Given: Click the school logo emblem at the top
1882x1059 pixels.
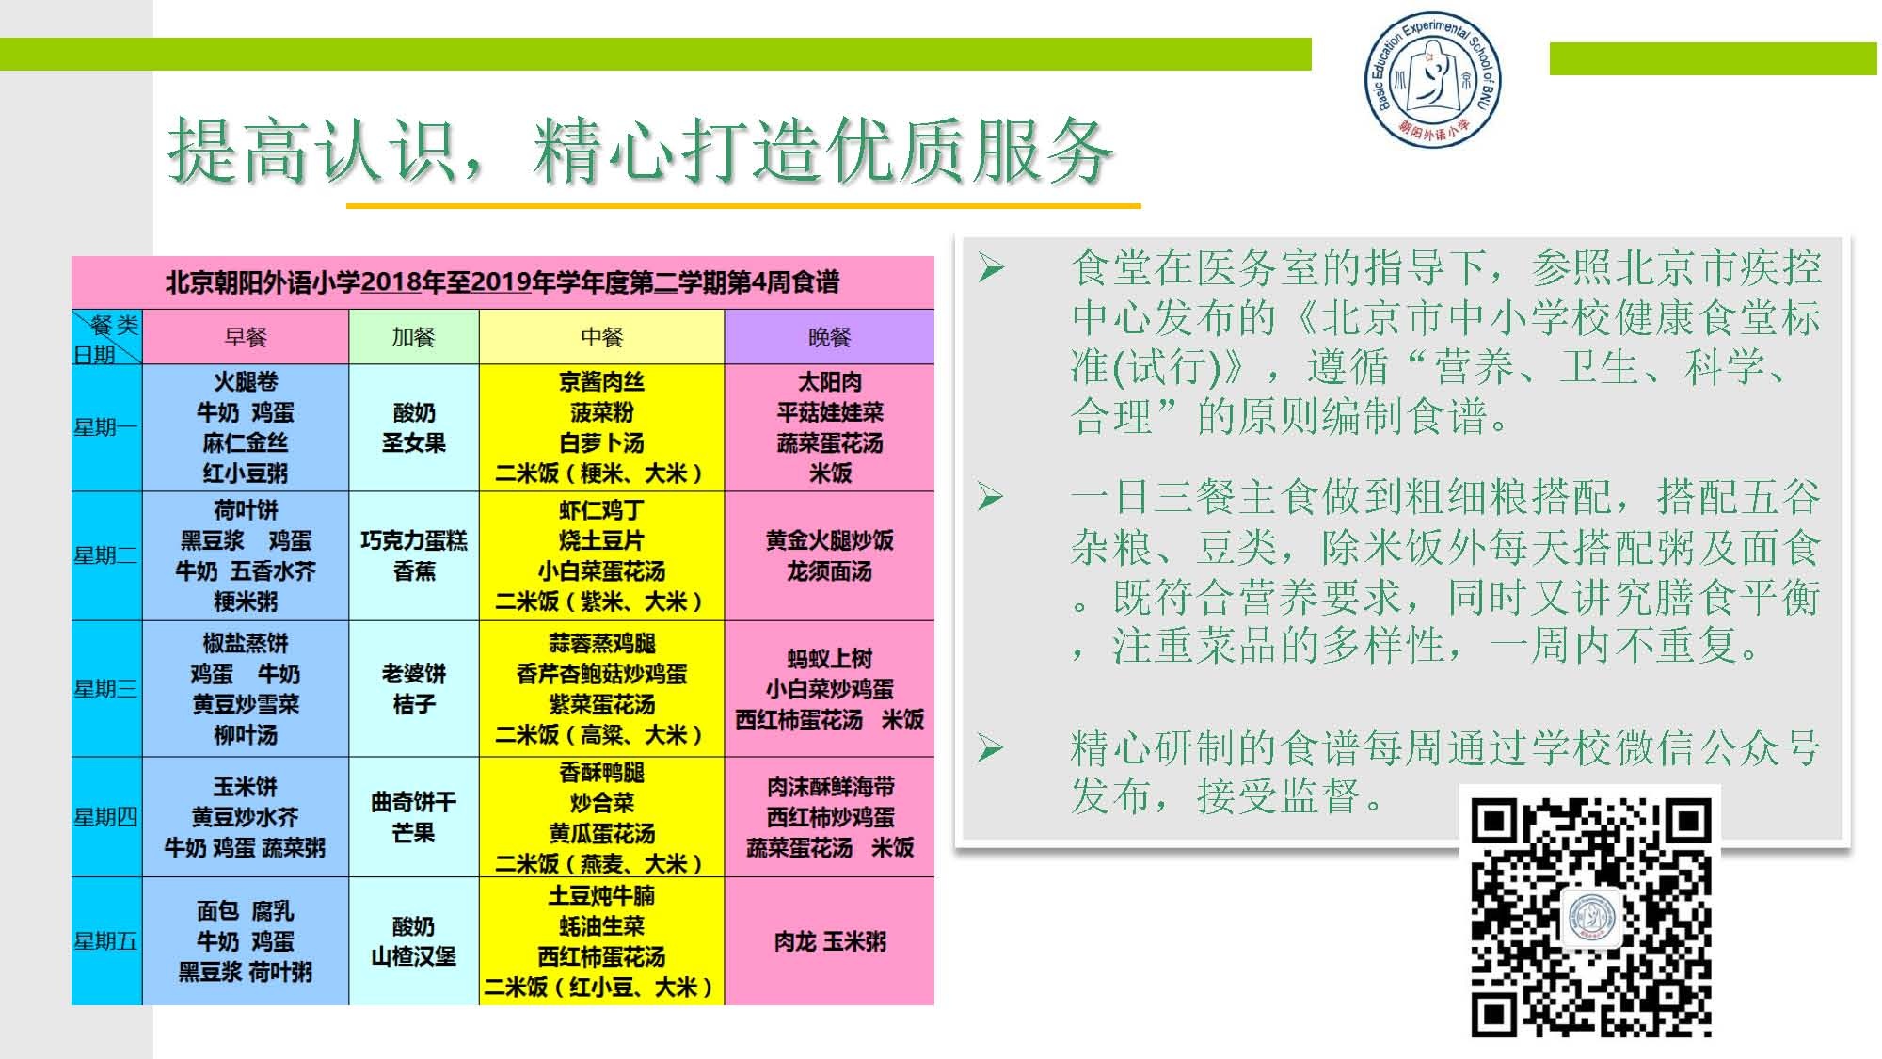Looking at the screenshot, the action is (x=1433, y=82).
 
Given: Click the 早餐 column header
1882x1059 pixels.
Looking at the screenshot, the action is (x=246, y=337).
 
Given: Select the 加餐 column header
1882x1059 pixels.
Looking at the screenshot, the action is (x=414, y=337).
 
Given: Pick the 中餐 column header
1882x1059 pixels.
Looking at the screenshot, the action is (x=602, y=337).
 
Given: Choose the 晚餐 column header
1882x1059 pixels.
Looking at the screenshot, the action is (x=829, y=337).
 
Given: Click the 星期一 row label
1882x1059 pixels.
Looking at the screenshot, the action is (x=105, y=427).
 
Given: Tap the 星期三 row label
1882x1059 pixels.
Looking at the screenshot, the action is (x=105, y=688).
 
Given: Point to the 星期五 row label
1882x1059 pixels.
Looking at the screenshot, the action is (x=105, y=941).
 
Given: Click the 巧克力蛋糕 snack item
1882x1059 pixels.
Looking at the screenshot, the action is (x=414, y=540).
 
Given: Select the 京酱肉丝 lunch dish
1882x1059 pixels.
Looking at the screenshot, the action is (x=602, y=381).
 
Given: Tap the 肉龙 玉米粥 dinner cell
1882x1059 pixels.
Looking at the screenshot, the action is (x=830, y=941).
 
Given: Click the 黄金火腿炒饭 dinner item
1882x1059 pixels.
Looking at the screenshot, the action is (x=830, y=540).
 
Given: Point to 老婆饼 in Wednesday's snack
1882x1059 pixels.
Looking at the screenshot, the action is (x=414, y=673).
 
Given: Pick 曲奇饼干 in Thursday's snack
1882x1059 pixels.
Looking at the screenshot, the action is (x=414, y=802).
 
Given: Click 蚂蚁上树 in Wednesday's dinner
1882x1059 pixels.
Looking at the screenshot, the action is (x=830, y=658).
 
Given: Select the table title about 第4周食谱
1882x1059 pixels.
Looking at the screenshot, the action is (x=502, y=282).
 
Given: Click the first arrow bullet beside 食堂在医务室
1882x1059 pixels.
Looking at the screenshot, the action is (x=991, y=268).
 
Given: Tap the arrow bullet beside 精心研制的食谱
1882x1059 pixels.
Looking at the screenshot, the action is (x=991, y=748).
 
